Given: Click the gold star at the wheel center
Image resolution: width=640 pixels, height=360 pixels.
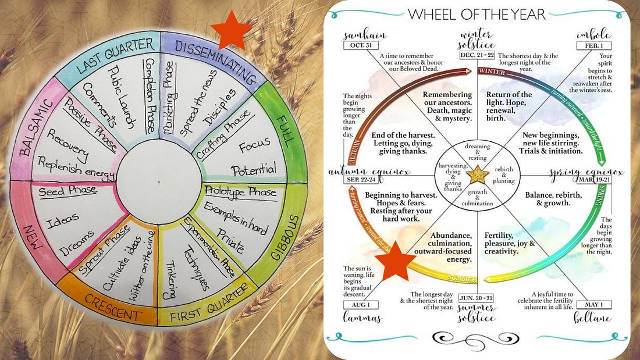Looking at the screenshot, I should (477, 173).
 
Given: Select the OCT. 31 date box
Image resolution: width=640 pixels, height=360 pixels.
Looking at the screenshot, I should (358, 45).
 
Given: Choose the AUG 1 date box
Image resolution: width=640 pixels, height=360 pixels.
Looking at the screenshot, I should (361, 305).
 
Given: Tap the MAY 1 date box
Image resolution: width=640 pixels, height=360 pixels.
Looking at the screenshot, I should (594, 305).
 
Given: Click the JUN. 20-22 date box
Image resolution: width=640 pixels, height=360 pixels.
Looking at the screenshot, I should (477, 297).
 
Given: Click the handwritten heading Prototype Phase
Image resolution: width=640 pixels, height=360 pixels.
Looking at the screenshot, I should (240, 191).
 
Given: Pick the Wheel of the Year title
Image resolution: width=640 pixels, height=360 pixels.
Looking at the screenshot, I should (477, 14).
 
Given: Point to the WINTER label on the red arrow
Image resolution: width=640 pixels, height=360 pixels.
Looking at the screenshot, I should (492, 71).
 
